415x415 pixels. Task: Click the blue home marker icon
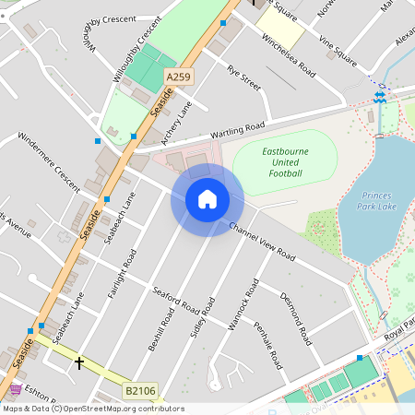pos(207,199)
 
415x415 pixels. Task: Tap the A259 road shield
pos(178,77)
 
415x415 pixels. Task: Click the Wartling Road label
pos(226,131)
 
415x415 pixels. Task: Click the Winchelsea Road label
pos(289,57)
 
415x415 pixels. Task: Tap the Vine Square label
pos(338,51)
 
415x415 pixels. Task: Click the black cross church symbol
pos(79,363)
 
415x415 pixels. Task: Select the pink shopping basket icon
pos(16,390)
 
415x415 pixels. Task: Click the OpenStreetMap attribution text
pos(92,409)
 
